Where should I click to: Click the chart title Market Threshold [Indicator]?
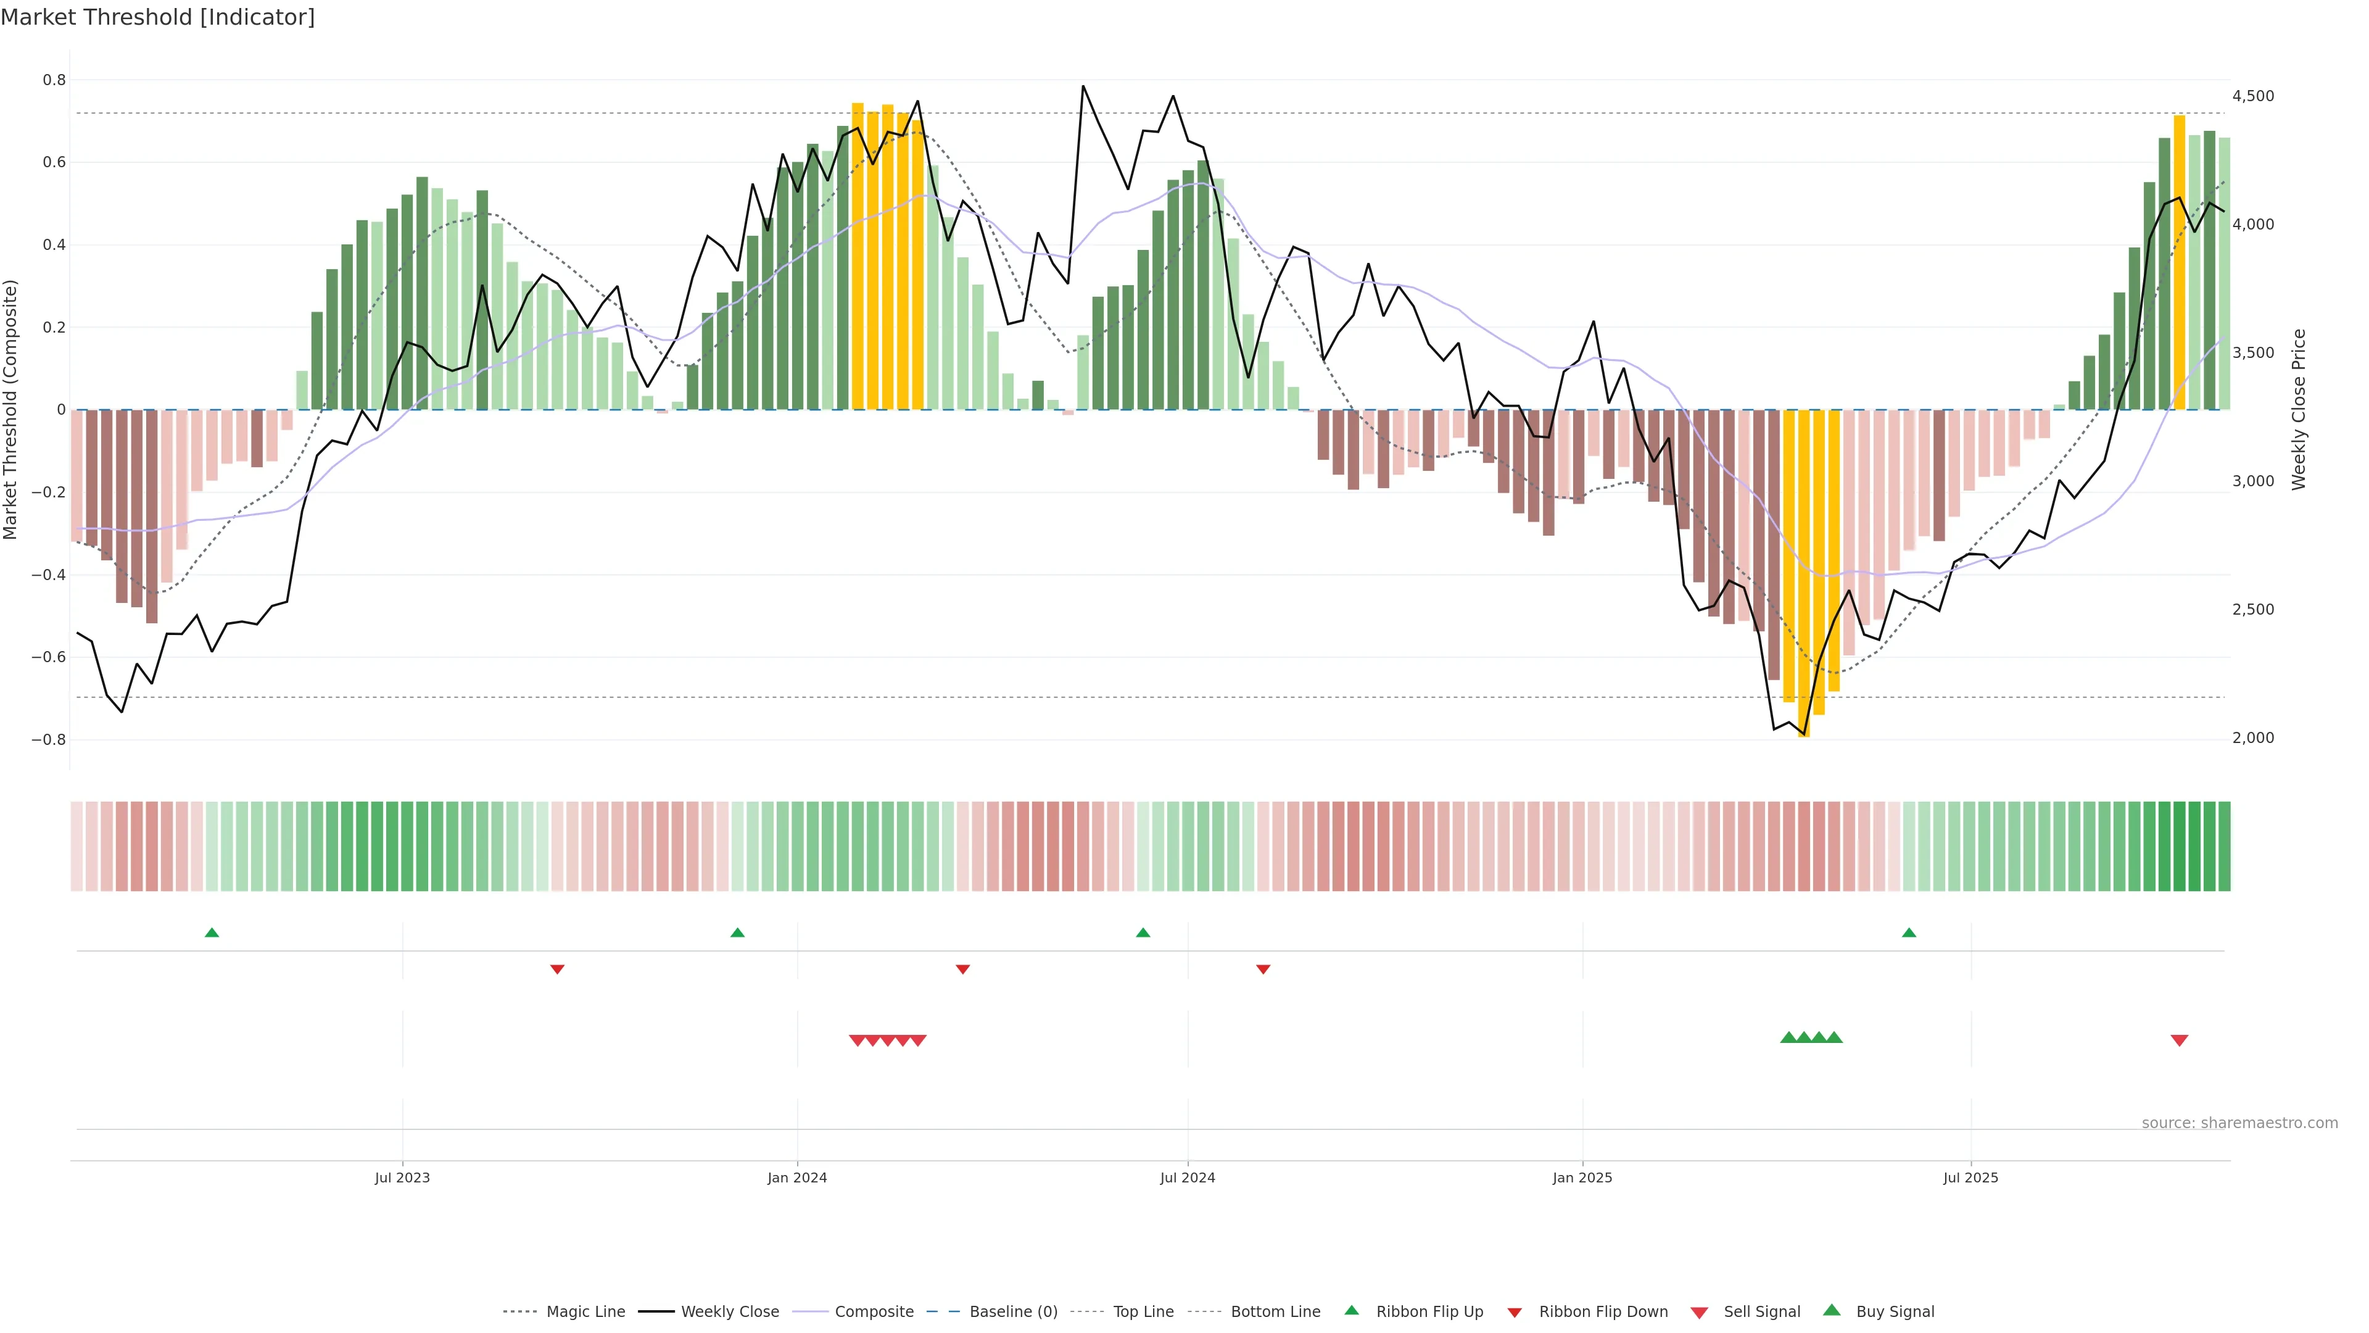pyautogui.click(x=157, y=17)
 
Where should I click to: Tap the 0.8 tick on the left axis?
pyautogui.click(x=54, y=80)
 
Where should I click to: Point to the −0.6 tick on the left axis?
pyautogui.click(x=49, y=657)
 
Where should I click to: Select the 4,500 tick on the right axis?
pyautogui.click(x=2252, y=96)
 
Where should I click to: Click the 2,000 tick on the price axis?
pyautogui.click(x=2252, y=738)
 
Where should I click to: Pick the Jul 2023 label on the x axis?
pyautogui.click(x=402, y=1177)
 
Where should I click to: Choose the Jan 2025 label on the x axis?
pyautogui.click(x=1582, y=1177)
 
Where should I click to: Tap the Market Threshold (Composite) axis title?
pyautogui.click(x=11, y=409)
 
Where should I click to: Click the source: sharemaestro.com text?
pyautogui.click(x=2239, y=1123)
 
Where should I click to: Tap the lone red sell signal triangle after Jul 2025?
pyautogui.click(x=2178, y=1040)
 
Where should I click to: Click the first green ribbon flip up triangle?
pyautogui.click(x=212, y=933)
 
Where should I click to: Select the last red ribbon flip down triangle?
pyautogui.click(x=1263, y=970)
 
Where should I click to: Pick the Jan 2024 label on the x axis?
pyautogui.click(x=797, y=1177)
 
